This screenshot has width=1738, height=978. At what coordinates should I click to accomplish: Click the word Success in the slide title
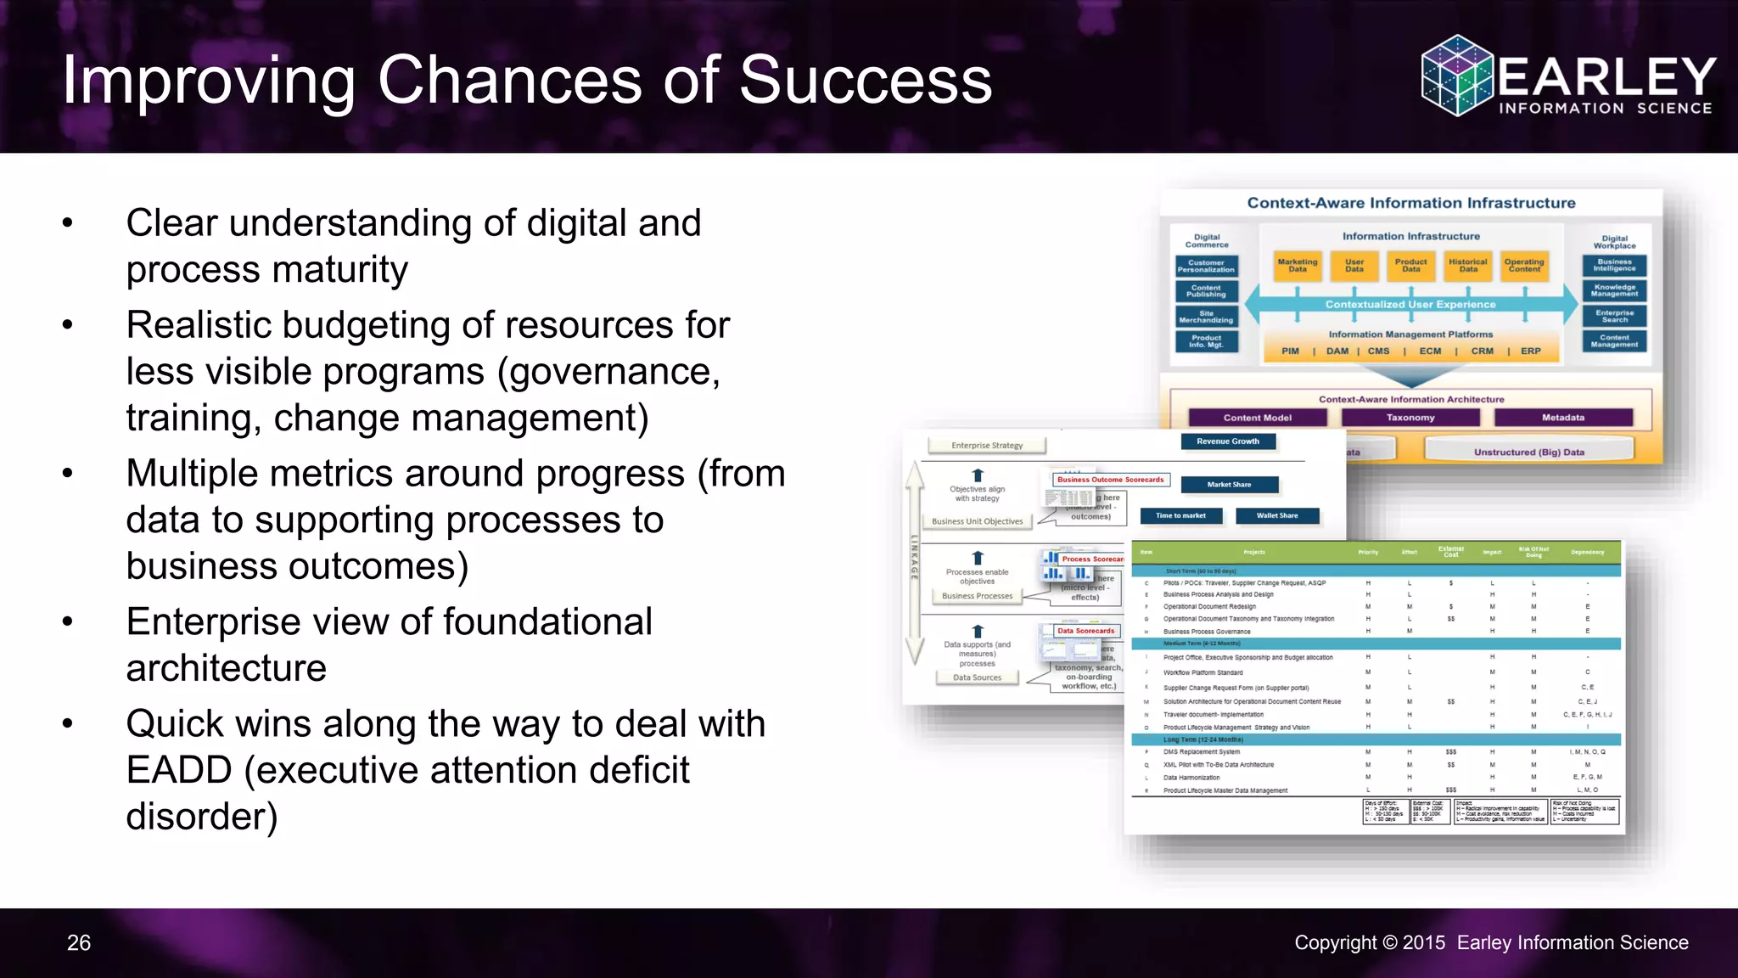[x=865, y=80]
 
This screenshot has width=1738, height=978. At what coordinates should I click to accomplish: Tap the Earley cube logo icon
[x=1456, y=75]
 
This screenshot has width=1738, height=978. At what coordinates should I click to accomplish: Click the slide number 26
[x=79, y=943]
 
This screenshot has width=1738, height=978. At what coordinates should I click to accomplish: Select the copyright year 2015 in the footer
[x=1423, y=943]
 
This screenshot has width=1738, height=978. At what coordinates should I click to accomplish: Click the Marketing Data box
[x=1298, y=266]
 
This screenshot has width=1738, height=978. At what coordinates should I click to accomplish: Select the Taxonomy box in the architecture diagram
[x=1410, y=418]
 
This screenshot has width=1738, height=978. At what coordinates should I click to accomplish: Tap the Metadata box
[x=1563, y=418]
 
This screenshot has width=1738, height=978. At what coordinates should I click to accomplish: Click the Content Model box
[x=1257, y=418]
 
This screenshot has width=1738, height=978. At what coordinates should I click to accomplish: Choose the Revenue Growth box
[x=1228, y=441]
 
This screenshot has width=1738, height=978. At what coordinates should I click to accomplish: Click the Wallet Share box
[x=1276, y=515]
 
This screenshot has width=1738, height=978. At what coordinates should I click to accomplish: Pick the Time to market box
[x=1180, y=515]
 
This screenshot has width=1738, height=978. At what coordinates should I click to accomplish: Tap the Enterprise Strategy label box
[x=987, y=445]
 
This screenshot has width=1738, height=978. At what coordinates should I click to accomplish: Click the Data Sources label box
[x=977, y=677]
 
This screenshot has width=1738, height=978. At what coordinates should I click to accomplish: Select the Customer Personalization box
[x=1206, y=267]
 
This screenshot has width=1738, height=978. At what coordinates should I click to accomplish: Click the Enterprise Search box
[x=1614, y=316]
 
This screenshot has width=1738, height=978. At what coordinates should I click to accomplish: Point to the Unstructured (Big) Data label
[x=1528, y=452]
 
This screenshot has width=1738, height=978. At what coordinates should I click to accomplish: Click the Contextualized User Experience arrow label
[x=1410, y=304]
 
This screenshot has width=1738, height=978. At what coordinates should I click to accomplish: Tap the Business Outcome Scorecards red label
[x=1110, y=480]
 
